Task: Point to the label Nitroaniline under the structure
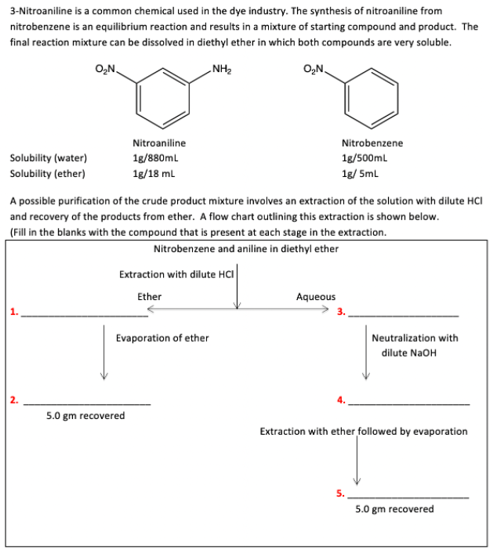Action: (159, 143)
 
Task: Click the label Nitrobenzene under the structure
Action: (372, 143)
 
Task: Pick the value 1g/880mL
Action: (159, 158)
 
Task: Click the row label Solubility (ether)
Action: (48, 173)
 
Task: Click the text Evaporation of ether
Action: (162, 338)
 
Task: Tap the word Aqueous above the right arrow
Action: (315, 297)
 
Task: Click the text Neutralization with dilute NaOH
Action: (415, 345)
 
